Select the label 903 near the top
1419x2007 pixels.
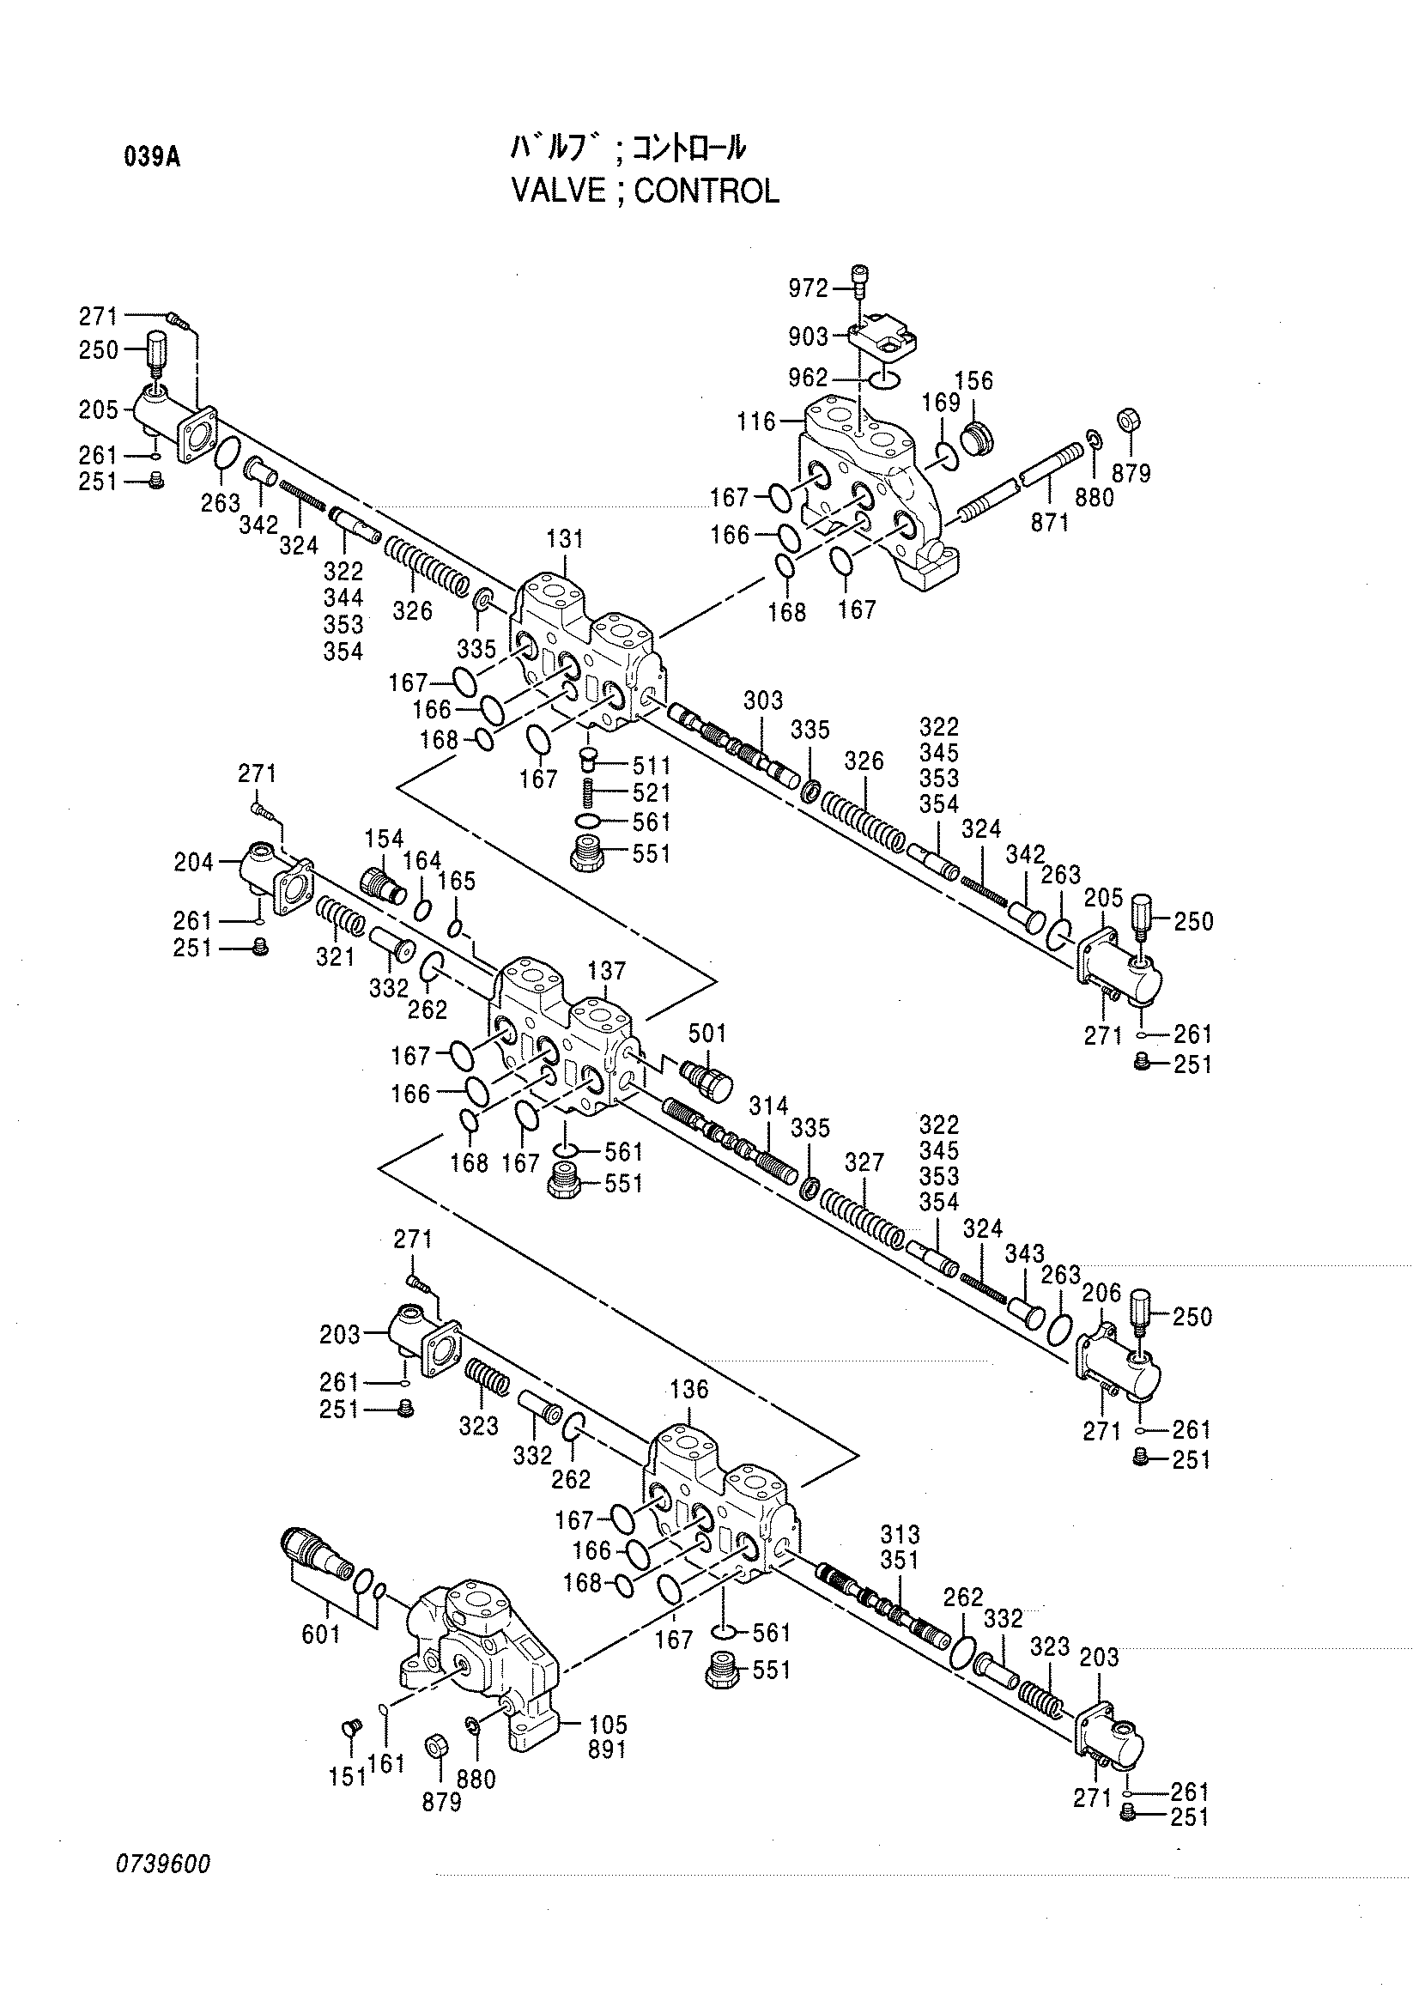808,336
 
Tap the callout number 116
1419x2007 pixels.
756,422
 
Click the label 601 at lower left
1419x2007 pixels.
321,1633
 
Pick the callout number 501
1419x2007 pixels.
707,1034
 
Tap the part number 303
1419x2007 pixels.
763,700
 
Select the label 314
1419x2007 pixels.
768,1106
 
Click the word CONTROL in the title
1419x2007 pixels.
706,191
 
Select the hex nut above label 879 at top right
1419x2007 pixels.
1129,420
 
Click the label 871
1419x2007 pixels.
1050,522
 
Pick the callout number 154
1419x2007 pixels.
384,839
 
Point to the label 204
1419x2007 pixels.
193,863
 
